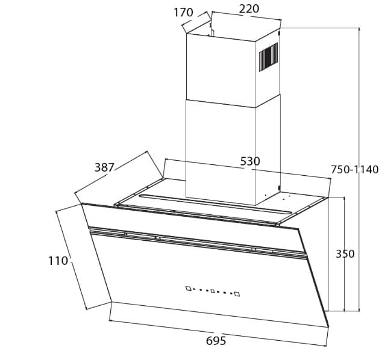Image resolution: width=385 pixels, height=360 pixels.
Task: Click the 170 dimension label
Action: [183, 12]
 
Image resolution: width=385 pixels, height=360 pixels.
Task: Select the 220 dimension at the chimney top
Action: [249, 8]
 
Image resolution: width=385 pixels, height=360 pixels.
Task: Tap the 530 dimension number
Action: [249, 161]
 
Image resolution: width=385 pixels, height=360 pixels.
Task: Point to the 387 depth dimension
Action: [105, 167]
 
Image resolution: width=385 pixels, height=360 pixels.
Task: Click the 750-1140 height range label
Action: [354, 170]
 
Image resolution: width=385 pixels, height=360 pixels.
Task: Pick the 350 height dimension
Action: [345, 254]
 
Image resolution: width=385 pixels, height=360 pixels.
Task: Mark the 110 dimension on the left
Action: [58, 261]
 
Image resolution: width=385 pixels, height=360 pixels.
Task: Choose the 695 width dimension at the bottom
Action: [216, 341]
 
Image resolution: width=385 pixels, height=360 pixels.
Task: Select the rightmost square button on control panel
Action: [237, 294]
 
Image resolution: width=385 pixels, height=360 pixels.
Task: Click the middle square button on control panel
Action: [213, 291]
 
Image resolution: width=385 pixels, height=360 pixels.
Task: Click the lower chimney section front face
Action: [220, 151]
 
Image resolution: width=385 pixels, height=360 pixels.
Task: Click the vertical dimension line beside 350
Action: [345, 283]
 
